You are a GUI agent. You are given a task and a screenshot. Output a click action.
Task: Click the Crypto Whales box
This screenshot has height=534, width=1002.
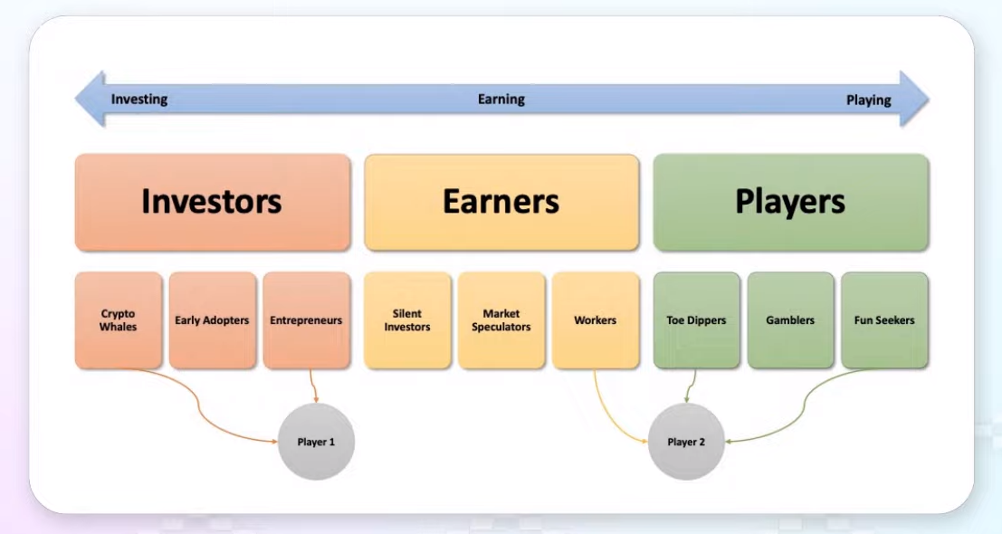(x=119, y=320)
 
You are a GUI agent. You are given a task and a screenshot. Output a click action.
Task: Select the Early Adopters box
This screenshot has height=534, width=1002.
(x=212, y=320)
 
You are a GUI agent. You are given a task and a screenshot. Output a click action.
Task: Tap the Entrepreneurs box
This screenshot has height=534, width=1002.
(x=307, y=320)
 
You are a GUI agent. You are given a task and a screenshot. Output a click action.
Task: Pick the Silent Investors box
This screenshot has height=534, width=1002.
(x=407, y=320)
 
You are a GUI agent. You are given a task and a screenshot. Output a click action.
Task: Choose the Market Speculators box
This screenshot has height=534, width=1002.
(x=501, y=320)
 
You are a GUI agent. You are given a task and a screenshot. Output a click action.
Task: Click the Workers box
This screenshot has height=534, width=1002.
(x=596, y=320)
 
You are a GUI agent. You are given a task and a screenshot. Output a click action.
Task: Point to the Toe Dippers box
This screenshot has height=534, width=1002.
(x=697, y=320)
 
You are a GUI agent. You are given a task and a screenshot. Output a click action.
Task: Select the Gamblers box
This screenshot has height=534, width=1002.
(x=790, y=320)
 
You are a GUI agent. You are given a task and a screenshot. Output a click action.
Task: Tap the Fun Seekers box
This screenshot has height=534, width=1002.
(x=884, y=320)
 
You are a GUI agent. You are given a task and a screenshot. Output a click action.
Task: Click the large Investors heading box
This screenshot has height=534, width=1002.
(x=213, y=202)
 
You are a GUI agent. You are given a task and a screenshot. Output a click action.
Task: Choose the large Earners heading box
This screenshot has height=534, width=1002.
(x=501, y=202)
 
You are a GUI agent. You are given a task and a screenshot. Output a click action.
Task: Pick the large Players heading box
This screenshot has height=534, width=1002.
(x=790, y=202)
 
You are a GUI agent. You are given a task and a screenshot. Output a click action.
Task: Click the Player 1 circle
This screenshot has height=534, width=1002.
(x=316, y=442)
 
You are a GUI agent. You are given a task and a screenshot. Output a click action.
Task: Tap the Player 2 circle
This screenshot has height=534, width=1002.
(x=686, y=442)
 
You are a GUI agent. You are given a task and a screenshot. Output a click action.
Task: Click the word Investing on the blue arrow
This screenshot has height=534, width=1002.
(x=139, y=100)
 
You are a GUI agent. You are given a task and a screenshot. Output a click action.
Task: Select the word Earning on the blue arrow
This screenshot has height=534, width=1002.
(x=501, y=100)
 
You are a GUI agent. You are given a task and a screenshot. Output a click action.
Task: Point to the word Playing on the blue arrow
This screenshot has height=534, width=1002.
(x=868, y=100)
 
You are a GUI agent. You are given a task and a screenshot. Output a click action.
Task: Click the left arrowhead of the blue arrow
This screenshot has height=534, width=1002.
(x=91, y=99)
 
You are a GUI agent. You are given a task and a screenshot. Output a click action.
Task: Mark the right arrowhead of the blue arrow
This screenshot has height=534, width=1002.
(x=914, y=99)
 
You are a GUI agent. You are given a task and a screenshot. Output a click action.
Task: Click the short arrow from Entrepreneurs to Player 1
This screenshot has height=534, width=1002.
(x=312, y=386)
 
